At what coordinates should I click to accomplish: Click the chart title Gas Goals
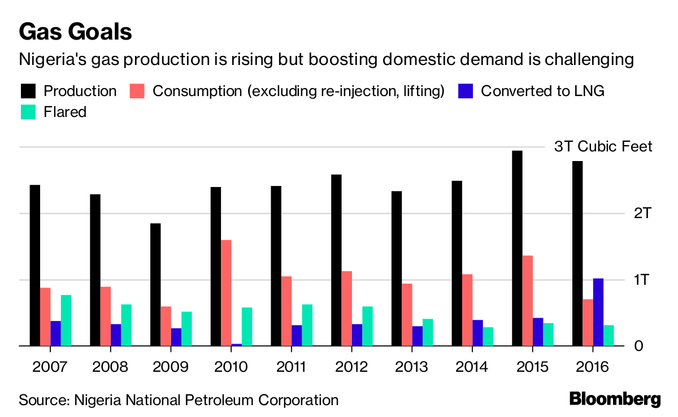point(75,32)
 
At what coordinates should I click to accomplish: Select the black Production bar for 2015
point(517,249)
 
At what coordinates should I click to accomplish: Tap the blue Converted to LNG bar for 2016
point(598,312)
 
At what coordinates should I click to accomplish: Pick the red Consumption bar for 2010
point(226,293)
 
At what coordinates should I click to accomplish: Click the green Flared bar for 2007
point(66,320)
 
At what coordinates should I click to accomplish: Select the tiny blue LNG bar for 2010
point(236,344)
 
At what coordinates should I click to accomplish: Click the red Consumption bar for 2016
point(588,322)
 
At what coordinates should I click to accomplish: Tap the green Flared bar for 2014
point(488,336)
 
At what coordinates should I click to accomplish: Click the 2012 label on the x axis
point(352,367)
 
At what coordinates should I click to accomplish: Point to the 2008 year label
point(110,367)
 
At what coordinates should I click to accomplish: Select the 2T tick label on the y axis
point(642,213)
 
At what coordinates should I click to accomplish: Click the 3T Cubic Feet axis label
point(603,147)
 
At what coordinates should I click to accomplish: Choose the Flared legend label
point(65,112)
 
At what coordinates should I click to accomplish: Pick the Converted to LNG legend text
point(542,91)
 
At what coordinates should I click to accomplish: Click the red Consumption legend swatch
point(138,91)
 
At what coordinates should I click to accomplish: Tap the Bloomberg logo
point(615,398)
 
